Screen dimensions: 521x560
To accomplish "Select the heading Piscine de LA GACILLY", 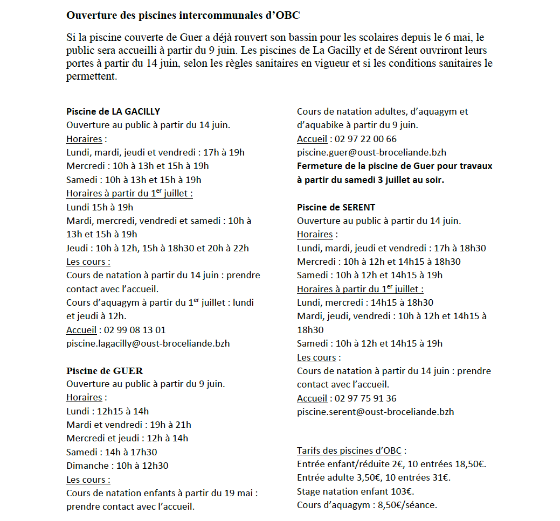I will [x=113, y=111].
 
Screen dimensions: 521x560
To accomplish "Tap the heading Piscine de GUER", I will [x=105, y=371].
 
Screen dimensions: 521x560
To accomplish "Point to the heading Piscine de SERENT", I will [x=336, y=207].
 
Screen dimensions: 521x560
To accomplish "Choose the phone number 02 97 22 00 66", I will [x=365, y=139].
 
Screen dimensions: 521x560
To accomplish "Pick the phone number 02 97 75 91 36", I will [x=365, y=398].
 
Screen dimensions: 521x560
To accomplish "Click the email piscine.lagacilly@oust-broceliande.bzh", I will [x=148, y=343].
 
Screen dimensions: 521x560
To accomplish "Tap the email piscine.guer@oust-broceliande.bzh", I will [x=371, y=152].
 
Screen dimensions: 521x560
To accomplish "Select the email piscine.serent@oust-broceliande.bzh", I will [x=375, y=412].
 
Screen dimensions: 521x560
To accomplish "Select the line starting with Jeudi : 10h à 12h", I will [x=157, y=248].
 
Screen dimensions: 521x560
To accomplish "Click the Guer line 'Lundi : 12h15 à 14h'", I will [x=107, y=411].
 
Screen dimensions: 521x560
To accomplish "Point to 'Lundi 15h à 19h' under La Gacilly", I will [x=100, y=207].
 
